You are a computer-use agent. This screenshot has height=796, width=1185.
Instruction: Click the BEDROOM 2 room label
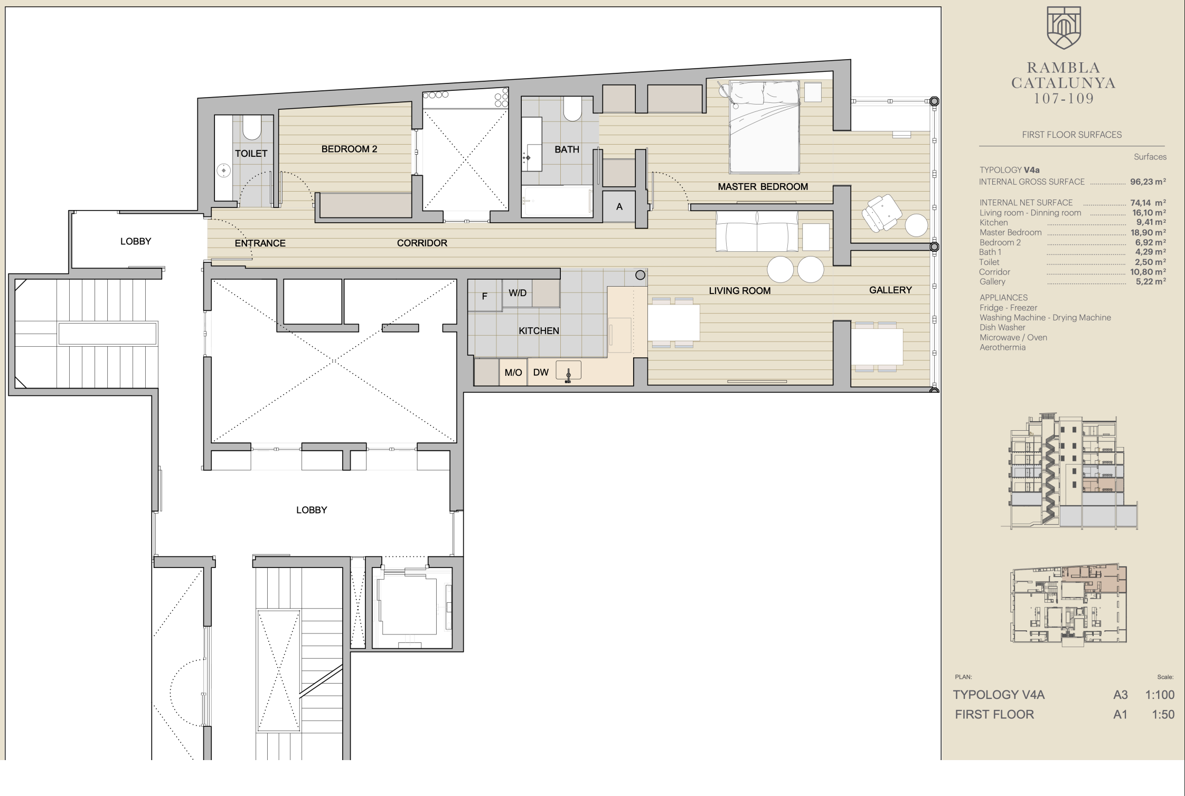point(349,149)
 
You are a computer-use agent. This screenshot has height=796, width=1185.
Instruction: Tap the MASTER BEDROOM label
point(763,187)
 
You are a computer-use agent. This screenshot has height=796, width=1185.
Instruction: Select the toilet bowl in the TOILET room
point(252,128)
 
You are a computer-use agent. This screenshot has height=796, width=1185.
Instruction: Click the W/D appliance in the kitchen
point(518,293)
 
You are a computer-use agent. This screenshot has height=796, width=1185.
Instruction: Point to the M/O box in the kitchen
point(513,372)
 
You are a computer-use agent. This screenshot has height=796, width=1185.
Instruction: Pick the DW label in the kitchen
point(541,372)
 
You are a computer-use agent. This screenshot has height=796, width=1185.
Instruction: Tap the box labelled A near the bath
point(619,206)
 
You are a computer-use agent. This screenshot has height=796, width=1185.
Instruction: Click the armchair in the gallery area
point(881,213)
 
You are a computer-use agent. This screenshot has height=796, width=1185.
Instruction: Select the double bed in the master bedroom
point(764,127)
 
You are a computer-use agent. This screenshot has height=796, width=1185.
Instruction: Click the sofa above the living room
point(757,231)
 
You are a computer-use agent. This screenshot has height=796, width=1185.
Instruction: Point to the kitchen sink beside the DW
point(568,371)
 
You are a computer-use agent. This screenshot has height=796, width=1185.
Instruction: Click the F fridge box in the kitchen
point(485,296)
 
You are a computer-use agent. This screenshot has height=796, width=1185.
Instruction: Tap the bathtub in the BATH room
point(557,201)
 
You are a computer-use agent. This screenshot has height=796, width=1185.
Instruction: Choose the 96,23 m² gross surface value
point(1148,182)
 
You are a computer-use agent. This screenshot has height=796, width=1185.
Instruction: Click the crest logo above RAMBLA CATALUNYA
point(1064,28)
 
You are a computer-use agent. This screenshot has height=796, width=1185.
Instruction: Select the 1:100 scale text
point(1160,695)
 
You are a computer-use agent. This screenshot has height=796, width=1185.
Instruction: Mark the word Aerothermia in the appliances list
point(1002,347)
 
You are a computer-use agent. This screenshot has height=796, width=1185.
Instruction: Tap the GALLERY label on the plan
point(890,290)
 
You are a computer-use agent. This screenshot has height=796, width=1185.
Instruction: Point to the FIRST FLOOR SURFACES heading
point(1071,135)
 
